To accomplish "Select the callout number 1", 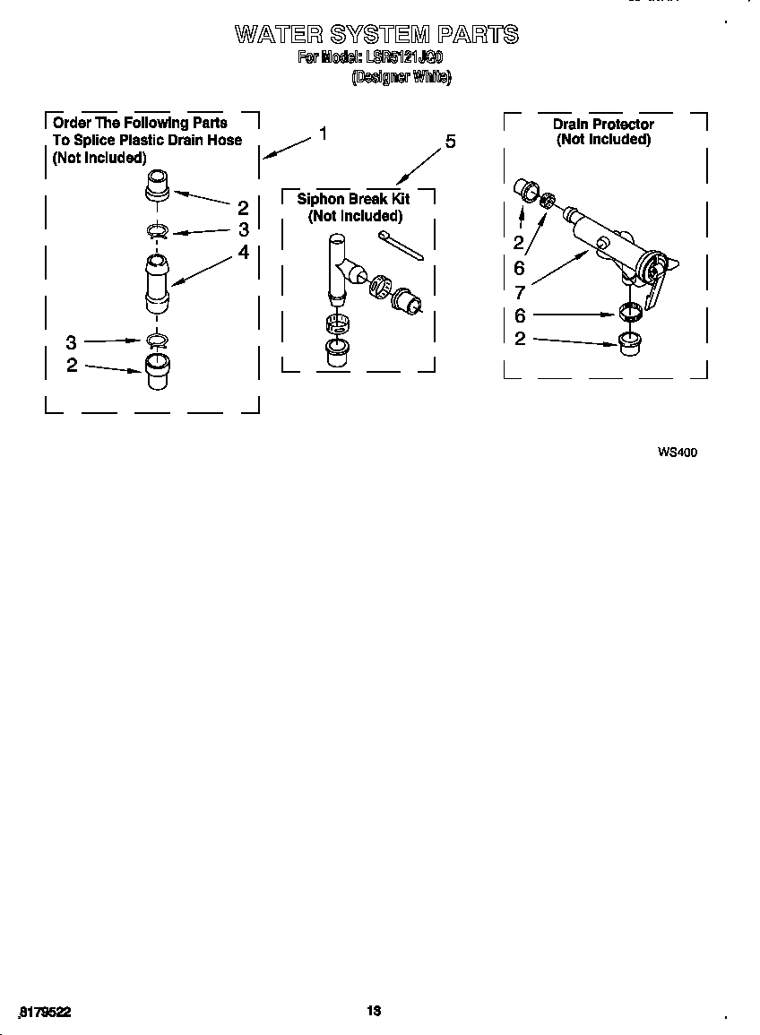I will coord(323,134).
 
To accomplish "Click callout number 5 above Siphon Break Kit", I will coord(450,142).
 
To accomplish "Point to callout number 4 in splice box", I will coord(243,253).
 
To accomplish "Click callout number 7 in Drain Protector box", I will coord(520,292).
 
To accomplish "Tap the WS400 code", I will coord(677,453).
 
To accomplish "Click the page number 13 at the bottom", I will coord(375,1011).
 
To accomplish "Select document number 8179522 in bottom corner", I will coord(44,1012).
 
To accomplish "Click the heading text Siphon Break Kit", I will coord(353,199).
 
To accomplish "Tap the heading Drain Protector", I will coord(603,124).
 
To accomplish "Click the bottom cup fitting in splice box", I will coord(156,370).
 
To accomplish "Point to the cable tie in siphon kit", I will coord(402,245).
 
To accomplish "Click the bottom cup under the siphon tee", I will coord(337,352).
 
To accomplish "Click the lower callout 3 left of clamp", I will coord(72,341).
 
